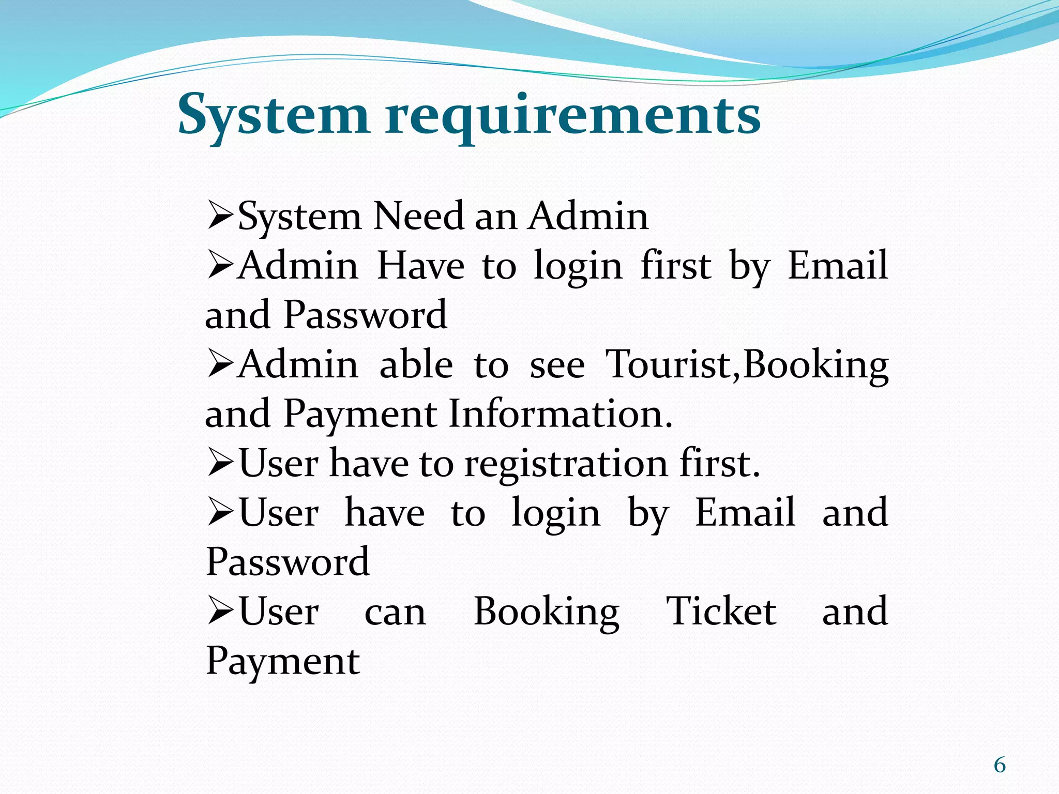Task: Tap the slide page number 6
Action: (x=1000, y=765)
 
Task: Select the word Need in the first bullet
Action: (x=418, y=216)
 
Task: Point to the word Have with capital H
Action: (x=420, y=266)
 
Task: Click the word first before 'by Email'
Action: (x=676, y=266)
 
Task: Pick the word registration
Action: (x=566, y=464)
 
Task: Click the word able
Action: (x=416, y=364)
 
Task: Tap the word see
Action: (x=557, y=364)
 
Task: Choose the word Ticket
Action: (x=721, y=612)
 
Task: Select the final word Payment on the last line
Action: (x=283, y=661)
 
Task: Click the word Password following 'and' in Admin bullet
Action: (x=365, y=315)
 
